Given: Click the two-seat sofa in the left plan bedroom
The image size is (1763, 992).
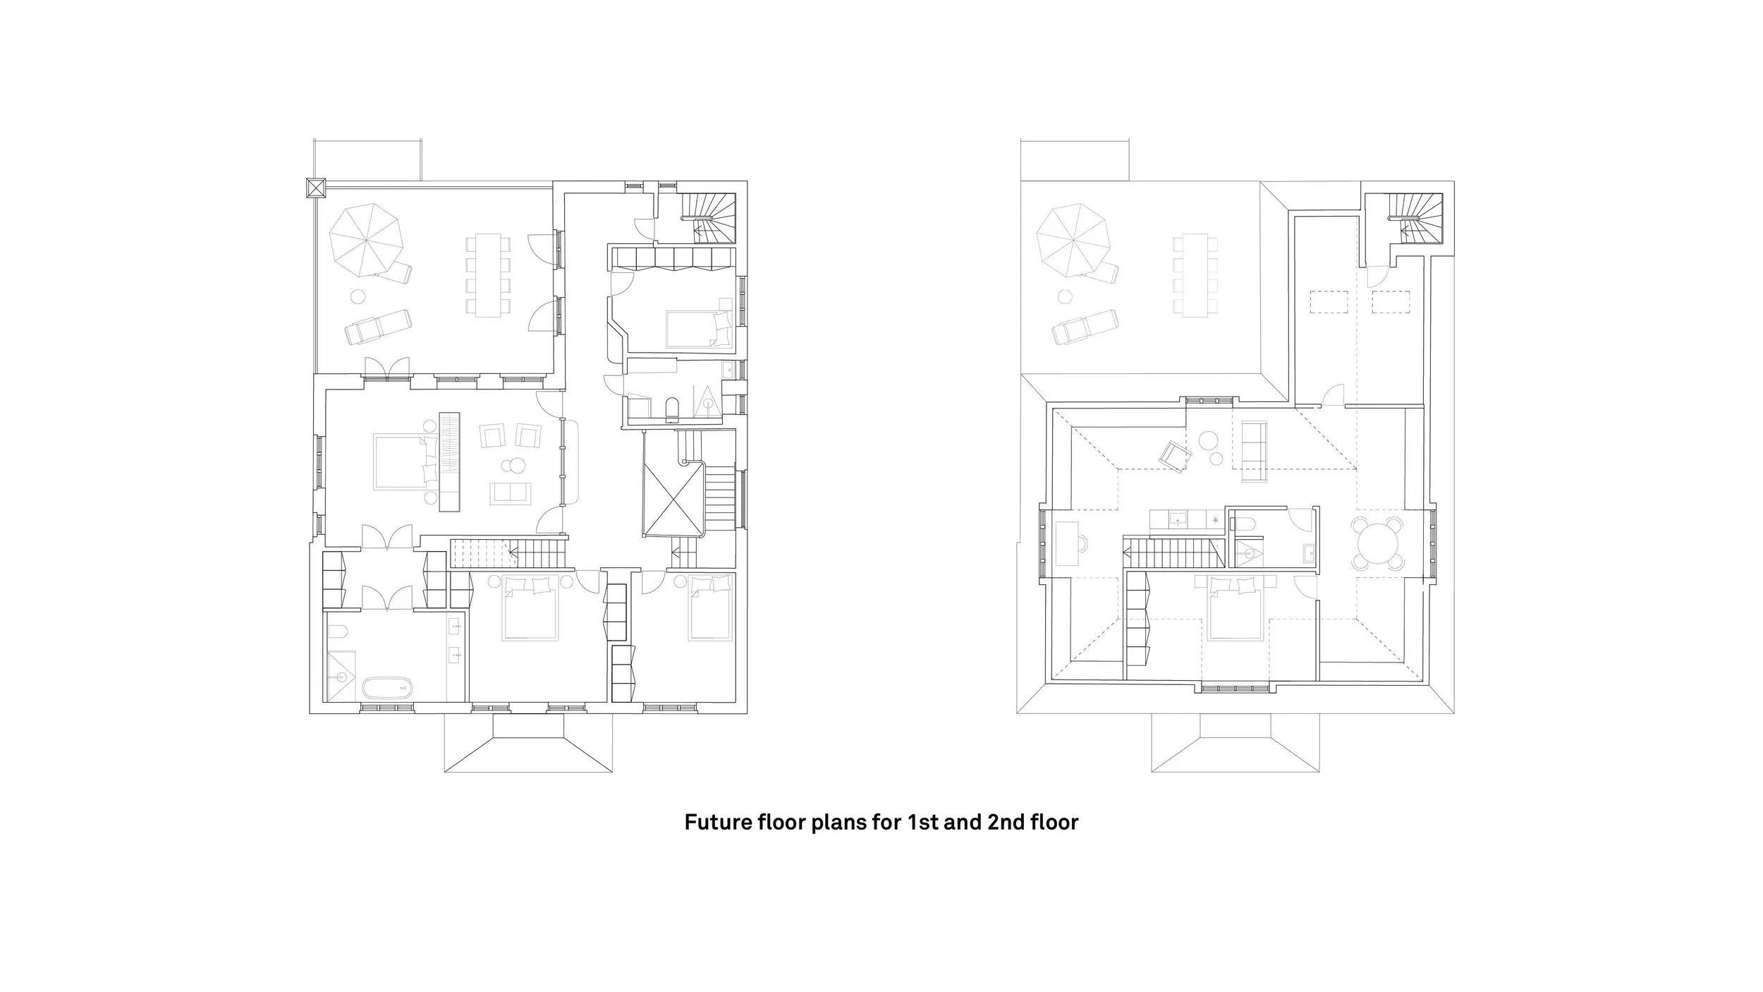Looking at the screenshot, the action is [x=511, y=493].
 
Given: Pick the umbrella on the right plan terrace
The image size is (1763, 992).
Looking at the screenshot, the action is [x=1073, y=241].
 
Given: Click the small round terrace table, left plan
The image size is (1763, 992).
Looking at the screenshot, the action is [x=358, y=297].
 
